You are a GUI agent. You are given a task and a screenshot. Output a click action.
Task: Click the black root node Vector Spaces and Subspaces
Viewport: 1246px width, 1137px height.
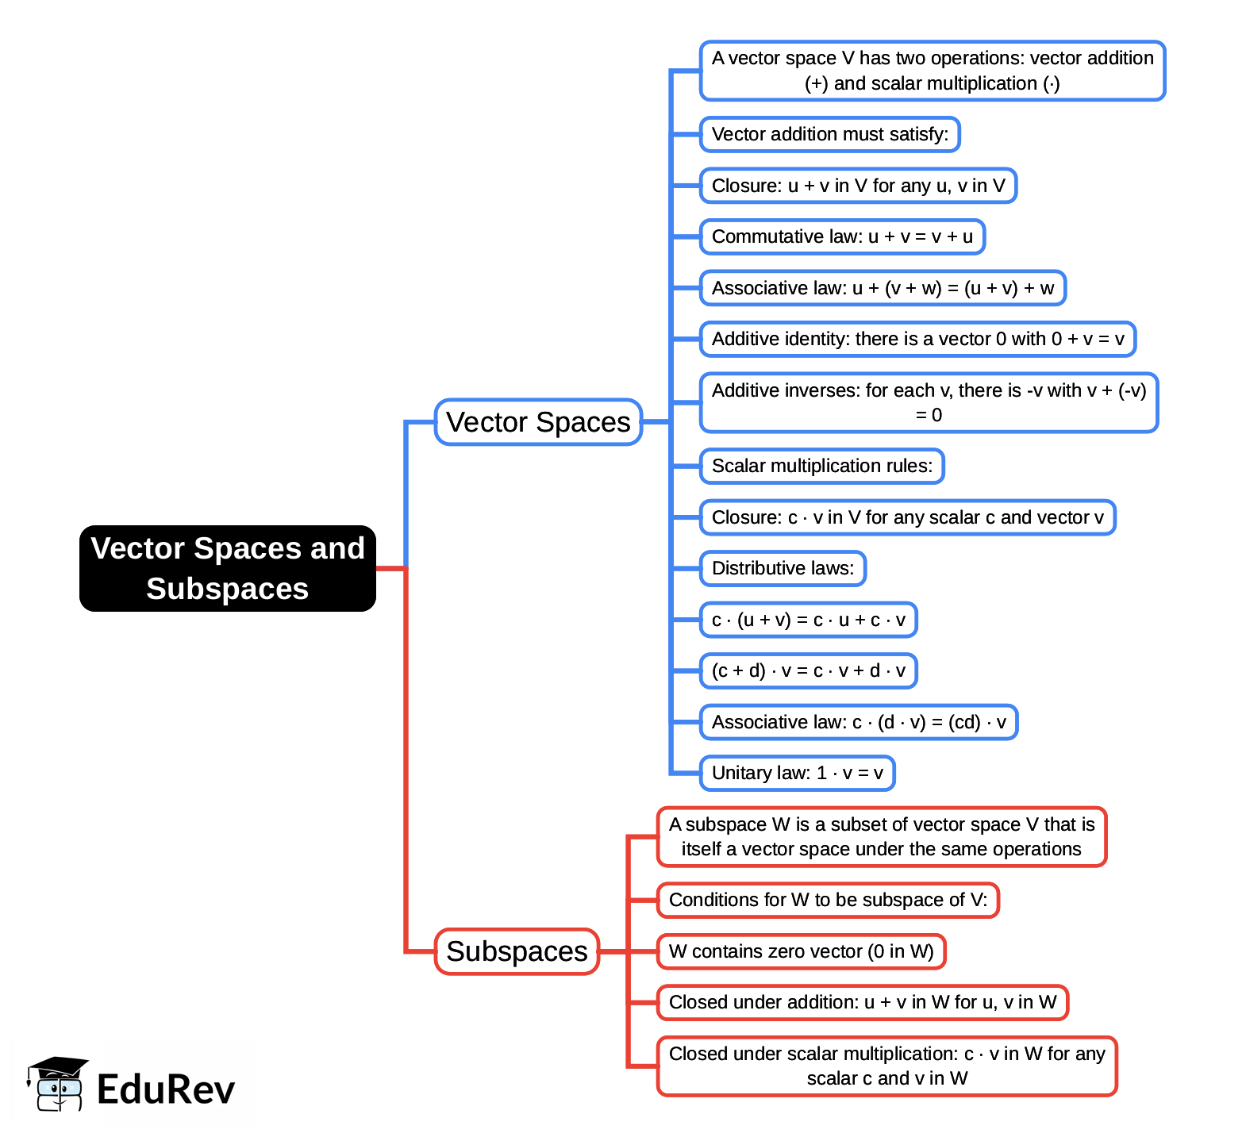[x=227, y=568]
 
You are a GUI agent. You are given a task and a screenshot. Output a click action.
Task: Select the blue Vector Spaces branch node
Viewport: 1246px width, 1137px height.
[x=538, y=422]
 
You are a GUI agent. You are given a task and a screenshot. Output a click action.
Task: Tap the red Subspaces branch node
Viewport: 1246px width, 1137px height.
[x=517, y=951]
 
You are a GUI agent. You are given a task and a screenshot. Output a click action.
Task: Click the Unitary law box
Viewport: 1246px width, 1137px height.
[x=797, y=774]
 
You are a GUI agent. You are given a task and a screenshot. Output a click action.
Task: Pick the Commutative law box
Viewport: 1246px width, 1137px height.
[x=842, y=237]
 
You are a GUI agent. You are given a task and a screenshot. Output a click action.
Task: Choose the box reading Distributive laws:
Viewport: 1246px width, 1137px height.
[x=783, y=569]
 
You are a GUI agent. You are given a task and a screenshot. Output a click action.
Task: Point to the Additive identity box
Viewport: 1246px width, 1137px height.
[x=917, y=340]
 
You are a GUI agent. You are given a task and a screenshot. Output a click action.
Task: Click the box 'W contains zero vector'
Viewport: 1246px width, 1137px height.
[x=801, y=951]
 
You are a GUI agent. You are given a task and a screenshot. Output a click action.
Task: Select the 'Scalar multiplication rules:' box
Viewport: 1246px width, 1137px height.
[x=821, y=467]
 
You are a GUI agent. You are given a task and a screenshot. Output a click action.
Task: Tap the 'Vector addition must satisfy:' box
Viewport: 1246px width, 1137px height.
[x=829, y=135]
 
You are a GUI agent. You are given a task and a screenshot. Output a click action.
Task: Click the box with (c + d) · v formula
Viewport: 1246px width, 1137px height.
[x=808, y=671]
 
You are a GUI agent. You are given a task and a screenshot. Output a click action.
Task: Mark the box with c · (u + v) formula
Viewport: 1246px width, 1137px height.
[x=808, y=620]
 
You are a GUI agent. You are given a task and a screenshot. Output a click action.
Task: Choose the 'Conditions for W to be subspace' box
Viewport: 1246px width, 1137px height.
[x=828, y=901]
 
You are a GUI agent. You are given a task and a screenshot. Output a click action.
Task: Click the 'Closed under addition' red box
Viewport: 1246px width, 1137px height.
[x=863, y=1003]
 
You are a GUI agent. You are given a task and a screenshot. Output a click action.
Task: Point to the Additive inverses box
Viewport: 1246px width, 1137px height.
[x=929, y=403]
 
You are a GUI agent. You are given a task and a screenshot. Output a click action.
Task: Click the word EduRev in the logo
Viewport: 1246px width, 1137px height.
[x=166, y=1089]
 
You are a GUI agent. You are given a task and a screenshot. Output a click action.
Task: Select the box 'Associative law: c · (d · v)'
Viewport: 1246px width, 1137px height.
[x=858, y=723]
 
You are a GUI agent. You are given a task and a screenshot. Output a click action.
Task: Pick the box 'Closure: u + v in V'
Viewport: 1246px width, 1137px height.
[x=858, y=186]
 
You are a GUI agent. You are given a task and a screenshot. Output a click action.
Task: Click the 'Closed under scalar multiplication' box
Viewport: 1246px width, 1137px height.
[x=886, y=1066]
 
